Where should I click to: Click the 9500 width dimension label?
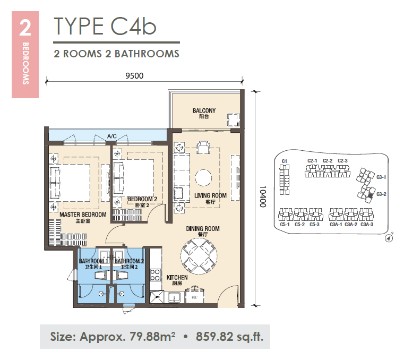(x=134, y=75)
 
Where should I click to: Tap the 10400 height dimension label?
(x=263, y=196)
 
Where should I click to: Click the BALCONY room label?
(x=204, y=110)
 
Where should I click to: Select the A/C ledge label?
(x=112, y=136)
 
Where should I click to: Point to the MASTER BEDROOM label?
(x=83, y=215)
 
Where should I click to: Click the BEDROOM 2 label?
(x=142, y=199)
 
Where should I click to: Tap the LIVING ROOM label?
(x=211, y=195)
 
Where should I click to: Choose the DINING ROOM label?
(x=203, y=228)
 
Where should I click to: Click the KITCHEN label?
(x=177, y=277)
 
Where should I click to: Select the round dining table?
(x=199, y=256)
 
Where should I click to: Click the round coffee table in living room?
(x=203, y=178)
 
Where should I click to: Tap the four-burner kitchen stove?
(x=156, y=275)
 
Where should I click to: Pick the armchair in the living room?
(x=203, y=148)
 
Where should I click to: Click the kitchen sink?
(x=175, y=297)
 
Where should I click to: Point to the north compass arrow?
(x=389, y=238)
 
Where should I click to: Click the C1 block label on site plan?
(x=285, y=161)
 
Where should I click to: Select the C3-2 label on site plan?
(x=381, y=194)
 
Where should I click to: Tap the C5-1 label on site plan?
(x=285, y=225)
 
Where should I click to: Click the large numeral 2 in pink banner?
(x=25, y=28)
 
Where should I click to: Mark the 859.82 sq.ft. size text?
(x=229, y=337)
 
